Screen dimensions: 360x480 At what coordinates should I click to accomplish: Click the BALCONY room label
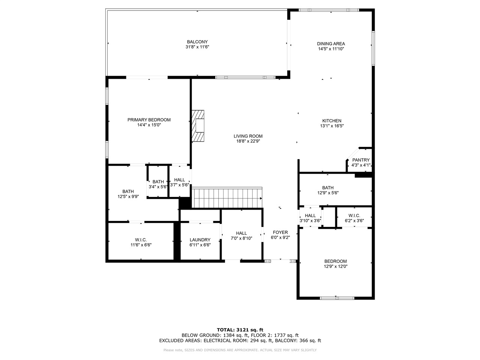click(197, 42)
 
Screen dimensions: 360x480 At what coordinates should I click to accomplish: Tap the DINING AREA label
click(331, 44)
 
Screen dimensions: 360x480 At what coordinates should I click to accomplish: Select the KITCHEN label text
click(331, 121)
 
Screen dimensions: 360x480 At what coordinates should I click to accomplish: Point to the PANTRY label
click(361, 160)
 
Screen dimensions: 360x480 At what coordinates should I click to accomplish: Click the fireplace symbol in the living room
click(198, 126)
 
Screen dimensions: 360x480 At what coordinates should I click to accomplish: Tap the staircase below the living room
click(227, 198)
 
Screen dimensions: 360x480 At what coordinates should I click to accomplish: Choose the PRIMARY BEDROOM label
click(149, 120)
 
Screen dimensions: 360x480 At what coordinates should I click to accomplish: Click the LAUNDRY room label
click(200, 240)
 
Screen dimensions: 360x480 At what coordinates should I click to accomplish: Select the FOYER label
click(280, 232)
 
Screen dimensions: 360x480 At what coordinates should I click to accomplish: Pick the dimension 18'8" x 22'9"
click(248, 141)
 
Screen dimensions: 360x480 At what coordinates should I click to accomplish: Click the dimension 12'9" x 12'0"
click(335, 267)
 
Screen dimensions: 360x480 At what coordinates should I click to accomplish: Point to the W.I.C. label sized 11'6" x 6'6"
click(141, 240)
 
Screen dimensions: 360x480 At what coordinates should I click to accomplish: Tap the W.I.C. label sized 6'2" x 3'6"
click(354, 216)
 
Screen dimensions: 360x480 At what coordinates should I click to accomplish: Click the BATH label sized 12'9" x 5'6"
click(328, 188)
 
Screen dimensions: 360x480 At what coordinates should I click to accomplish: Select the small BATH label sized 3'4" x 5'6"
click(158, 182)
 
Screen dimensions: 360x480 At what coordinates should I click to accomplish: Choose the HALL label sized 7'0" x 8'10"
click(241, 233)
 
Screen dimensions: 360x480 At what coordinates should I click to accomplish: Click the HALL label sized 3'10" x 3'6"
click(310, 216)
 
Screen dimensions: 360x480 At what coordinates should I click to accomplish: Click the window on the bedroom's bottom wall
click(337, 298)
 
